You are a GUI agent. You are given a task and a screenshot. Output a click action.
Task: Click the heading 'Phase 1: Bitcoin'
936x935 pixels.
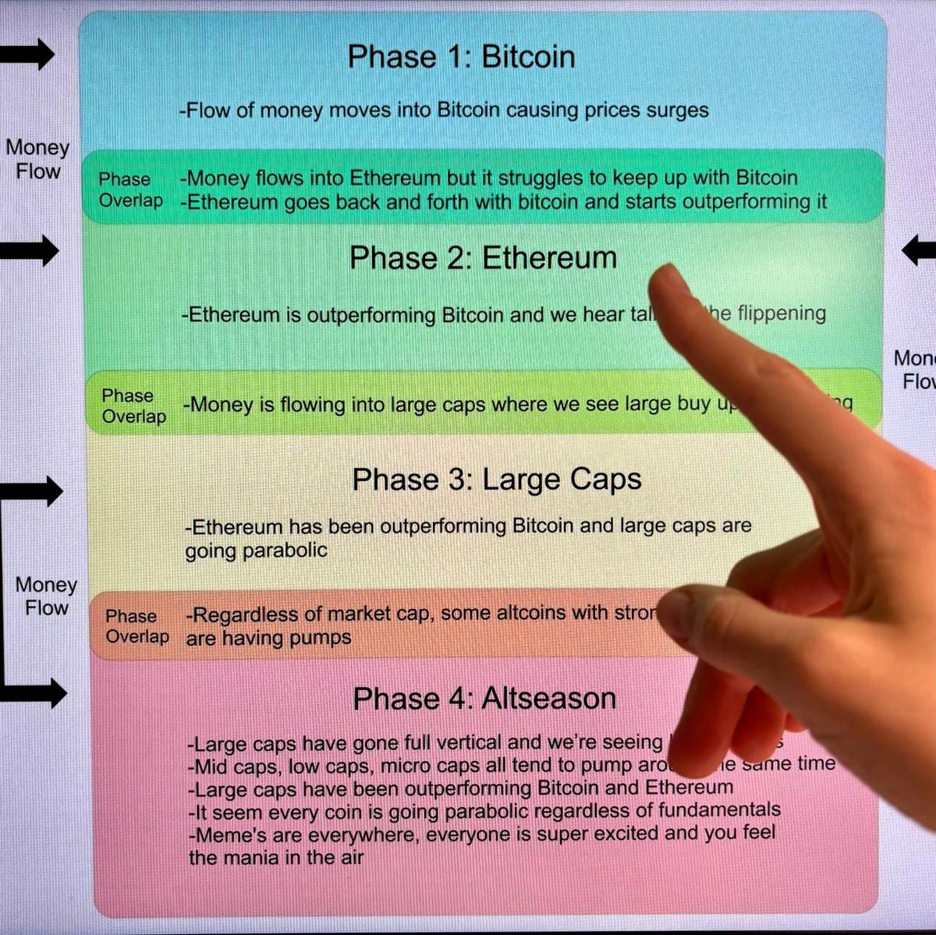click(x=461, y=57)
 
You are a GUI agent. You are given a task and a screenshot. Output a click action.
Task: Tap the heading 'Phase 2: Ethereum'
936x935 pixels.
click(x=483, y=258)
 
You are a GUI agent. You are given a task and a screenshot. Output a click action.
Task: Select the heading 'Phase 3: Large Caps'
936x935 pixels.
click(x=497, y=479)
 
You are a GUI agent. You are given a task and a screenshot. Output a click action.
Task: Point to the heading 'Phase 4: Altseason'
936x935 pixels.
click(x=484, y=698)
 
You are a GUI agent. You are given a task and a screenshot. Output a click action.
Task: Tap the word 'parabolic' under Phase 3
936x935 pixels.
click(x=284, y=551)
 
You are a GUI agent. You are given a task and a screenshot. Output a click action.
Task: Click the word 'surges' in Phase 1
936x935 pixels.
click(x=677, y=110)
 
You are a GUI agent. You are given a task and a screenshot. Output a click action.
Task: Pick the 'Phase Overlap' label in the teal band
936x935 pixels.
click(x=130, y=189)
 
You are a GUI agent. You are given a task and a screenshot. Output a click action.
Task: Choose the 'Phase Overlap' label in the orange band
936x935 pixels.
click(x=136, y=626)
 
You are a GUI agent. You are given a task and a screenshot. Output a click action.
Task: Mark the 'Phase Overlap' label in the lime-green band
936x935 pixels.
click(x=133, y=406)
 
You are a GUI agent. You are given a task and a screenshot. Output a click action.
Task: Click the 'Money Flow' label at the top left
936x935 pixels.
click(x=37, y=159)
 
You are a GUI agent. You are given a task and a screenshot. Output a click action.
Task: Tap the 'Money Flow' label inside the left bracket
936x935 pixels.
click(x=46, y=596)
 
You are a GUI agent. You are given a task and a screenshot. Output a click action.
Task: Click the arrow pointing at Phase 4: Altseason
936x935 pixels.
click(x=35, y=692)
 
